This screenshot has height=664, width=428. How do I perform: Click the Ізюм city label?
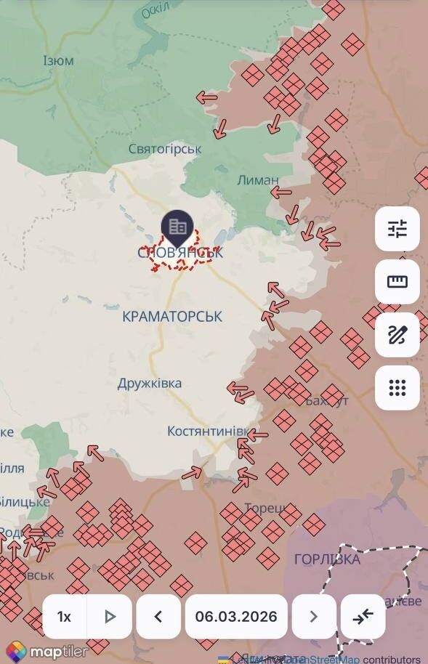point(58,60)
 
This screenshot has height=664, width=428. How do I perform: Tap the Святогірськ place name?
point(165,149)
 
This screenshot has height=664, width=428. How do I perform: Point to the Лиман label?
point(257,179)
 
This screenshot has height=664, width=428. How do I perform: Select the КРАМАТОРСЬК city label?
point(173,316)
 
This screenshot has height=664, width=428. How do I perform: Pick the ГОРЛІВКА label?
point(327,559)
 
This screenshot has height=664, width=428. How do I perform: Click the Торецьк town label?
point(270,508)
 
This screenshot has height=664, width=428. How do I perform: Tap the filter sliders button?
point(397,229)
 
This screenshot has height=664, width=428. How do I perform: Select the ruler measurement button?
point(397,282)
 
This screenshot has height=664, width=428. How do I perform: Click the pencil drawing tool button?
point(397,335)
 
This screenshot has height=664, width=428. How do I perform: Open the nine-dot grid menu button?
point(397,388)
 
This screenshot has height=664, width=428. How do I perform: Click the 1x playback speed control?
point(64,617)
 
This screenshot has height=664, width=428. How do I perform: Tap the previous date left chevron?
point(158,617)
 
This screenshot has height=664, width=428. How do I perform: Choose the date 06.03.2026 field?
point(236,617)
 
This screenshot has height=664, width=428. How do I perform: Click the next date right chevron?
point(314,617)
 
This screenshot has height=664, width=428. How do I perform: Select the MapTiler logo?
point(47,651)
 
